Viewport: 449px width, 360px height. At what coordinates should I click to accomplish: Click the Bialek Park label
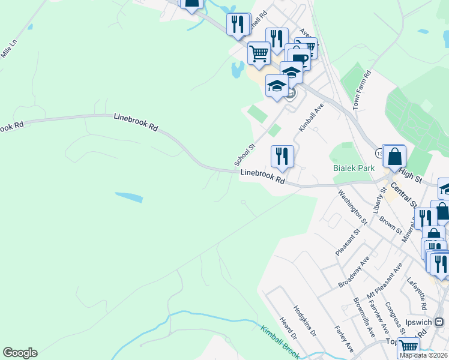click(353, 169)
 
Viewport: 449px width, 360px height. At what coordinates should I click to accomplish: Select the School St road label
click(245, 154)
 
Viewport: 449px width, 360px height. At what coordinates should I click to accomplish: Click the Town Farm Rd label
click(362, 89)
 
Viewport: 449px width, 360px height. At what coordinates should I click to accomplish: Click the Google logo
click(20, 353)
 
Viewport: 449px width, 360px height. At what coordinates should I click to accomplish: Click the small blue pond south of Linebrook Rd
click(129, 197)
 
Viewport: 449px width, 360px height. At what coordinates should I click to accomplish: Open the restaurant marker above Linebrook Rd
click(282, 157)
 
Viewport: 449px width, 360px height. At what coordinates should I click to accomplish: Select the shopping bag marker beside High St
click(394, 157)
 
